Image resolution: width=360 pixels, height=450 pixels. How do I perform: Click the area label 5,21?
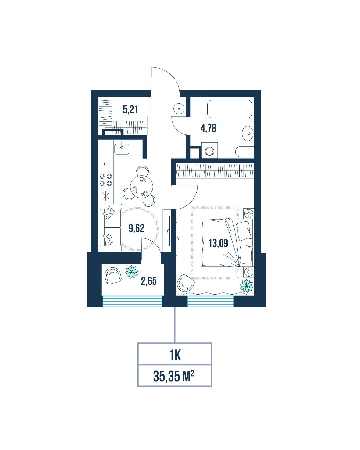(x=130, y=109)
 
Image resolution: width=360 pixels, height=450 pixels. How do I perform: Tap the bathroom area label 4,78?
(x=208, y=128)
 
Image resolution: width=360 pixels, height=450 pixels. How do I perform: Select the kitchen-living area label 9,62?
(x=136, y=228)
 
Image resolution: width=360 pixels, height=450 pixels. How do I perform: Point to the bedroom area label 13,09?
(x=218, y=243)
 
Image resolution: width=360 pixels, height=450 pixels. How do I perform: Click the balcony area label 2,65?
(x=149, y=281)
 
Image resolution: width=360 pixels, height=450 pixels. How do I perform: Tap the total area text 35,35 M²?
(x=173, y=376)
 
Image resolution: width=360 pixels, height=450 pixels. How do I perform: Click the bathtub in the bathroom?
(x=230, y=109)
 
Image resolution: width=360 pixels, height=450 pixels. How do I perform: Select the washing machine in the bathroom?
(x=209, y=150)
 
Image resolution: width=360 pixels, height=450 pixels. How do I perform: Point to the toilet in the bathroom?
(x=244, y=152)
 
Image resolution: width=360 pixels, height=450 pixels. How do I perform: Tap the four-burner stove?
(x=106, y=180)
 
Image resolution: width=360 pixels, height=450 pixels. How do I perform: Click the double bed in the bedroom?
(x=227, y=243)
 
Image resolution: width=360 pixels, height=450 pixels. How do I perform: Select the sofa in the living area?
(x=109, y=227)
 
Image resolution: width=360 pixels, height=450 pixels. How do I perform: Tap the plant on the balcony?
(x=131, y=272)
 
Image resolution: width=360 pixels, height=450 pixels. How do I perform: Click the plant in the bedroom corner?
(x=247, y=286)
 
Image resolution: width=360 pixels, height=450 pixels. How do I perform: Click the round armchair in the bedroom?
(x=185, y=283)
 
